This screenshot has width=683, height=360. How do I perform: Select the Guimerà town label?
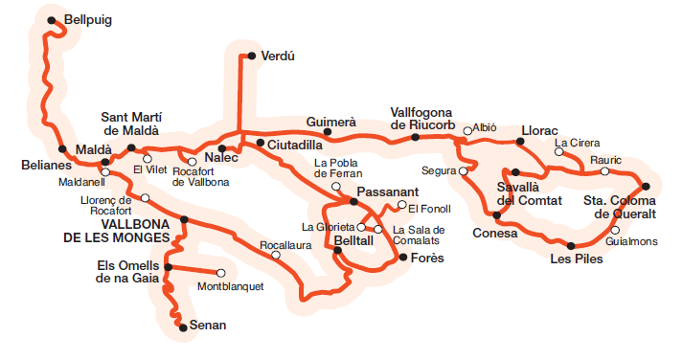coord(330,122)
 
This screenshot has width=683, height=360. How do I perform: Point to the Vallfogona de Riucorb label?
coord(427,117)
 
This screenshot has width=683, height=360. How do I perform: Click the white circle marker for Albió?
coord(467,131)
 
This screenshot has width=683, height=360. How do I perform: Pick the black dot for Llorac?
coord(520,142)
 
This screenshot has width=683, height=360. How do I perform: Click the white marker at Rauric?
coord(603,171)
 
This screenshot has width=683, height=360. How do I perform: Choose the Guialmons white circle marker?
coord(613,230)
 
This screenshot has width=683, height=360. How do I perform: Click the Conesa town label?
coord(495,233)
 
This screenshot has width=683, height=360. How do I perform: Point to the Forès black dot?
coord(403,257)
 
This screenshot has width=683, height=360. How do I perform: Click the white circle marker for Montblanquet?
coord(221,272)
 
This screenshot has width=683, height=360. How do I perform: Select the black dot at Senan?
coord(182,328)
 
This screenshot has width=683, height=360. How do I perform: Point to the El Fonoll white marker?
coord(401,206)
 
